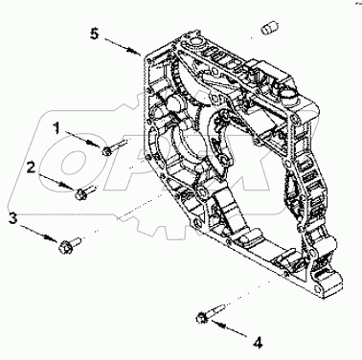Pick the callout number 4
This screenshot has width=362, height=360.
tap(256, 339)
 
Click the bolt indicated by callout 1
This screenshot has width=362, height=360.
tap(110, 148)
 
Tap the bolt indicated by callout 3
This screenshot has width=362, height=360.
tap(72, 239)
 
